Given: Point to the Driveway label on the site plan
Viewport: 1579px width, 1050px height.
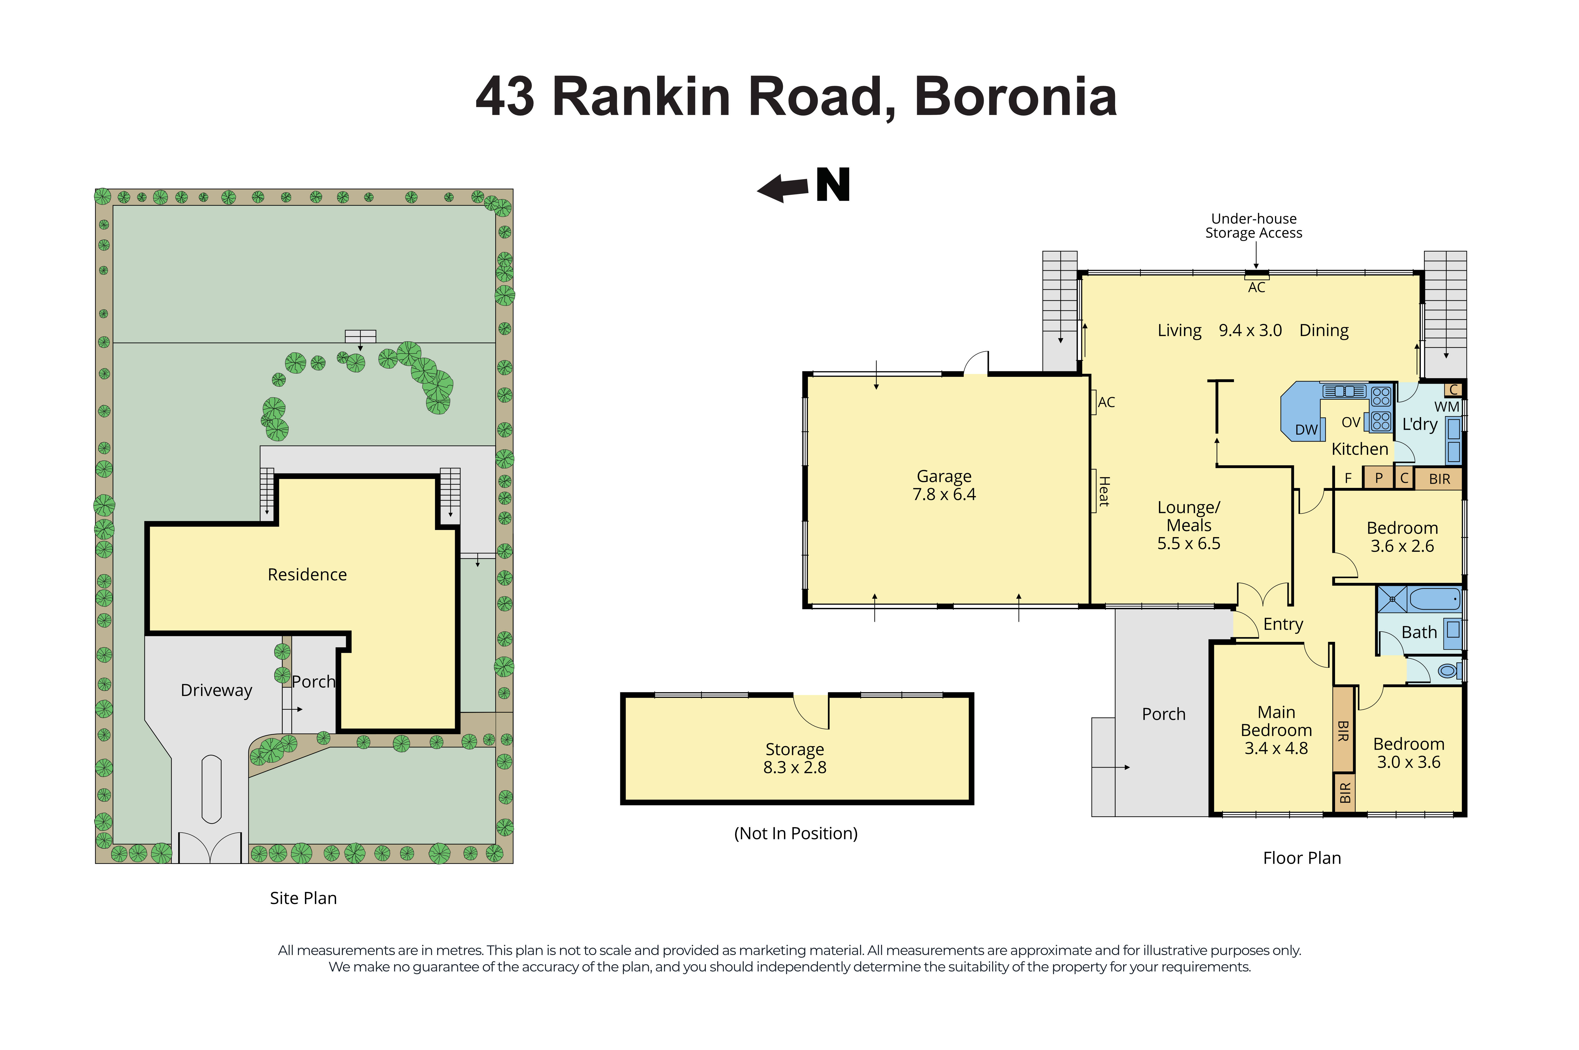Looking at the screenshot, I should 216,691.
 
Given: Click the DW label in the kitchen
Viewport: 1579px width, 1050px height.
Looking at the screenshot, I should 1306,430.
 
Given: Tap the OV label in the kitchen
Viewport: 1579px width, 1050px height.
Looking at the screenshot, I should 1351,423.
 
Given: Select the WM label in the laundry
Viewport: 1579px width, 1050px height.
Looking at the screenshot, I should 1446,407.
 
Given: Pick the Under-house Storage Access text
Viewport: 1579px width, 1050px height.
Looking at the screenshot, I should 1253,226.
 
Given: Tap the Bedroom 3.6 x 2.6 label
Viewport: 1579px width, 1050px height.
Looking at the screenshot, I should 1402,537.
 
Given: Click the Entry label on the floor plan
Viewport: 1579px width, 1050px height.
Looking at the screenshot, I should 1283,624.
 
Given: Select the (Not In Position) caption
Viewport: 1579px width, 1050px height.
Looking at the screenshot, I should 796,834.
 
